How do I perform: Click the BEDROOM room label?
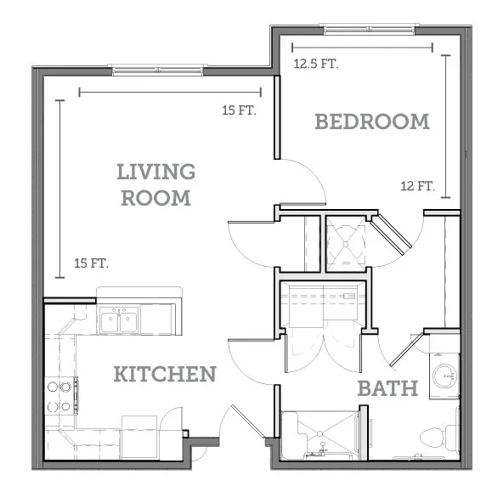(372, 122)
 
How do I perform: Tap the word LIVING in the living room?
(156, 172)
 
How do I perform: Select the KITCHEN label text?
(165, 374)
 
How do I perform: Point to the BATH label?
(387, 388)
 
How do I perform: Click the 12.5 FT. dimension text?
(316, 64)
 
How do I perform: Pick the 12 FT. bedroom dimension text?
(418, 186)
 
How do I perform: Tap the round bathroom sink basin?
(444, 376)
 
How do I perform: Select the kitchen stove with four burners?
(61, 396)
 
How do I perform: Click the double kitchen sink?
(119, 320)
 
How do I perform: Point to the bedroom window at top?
(370, 29)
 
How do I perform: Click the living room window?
(158, 70)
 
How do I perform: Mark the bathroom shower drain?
(320, 433)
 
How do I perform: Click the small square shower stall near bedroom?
(346, 244)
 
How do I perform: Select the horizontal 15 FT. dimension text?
(239, 110)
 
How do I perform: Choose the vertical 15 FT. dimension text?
(91, 263)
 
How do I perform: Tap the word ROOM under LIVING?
(156, 198)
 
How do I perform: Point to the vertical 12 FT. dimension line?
(445, 127)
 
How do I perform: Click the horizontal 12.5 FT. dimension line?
(362, 48)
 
